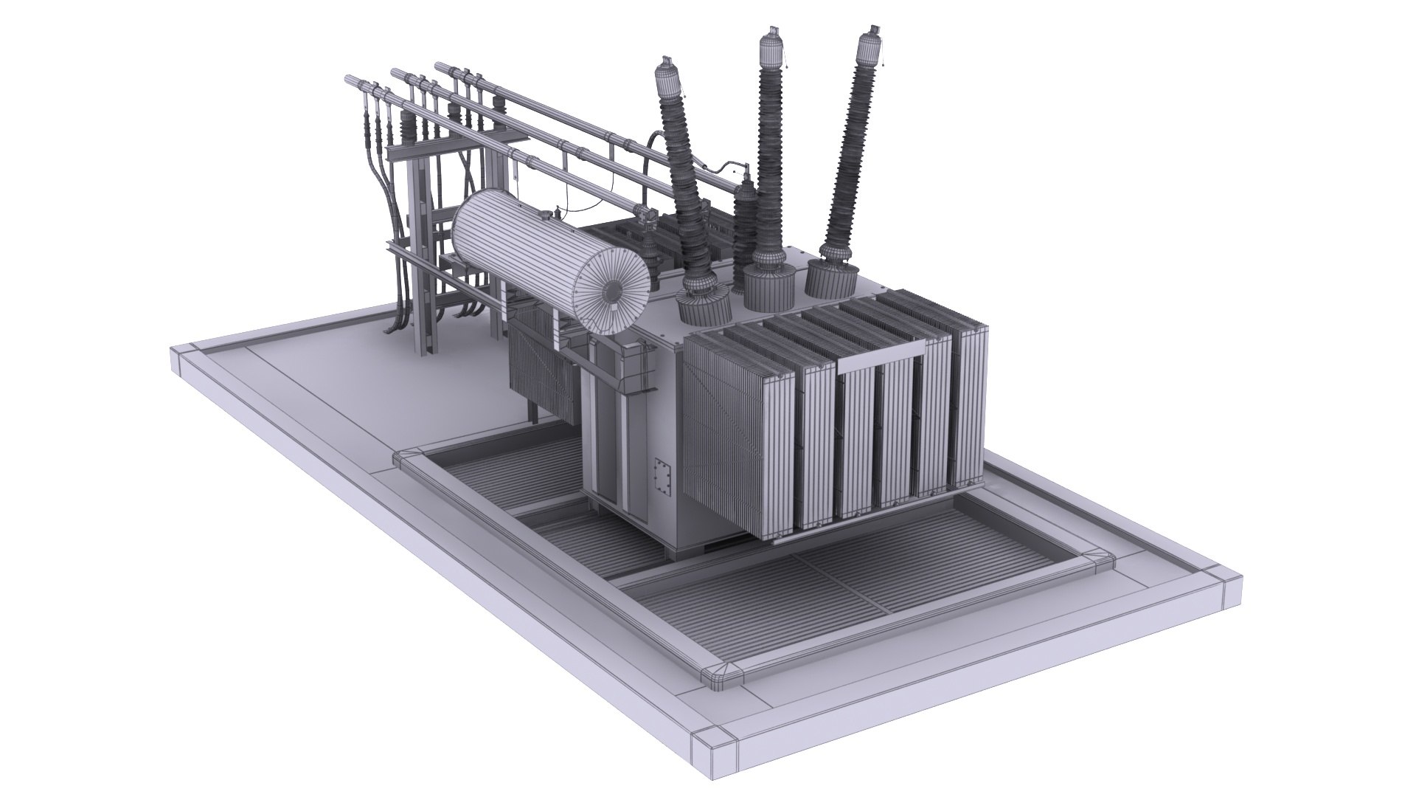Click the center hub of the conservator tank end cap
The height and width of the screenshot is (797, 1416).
(x=611, y=292)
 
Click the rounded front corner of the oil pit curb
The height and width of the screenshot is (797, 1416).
(x=718, y=672)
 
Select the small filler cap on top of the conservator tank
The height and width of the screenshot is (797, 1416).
(x=546, y=215)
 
